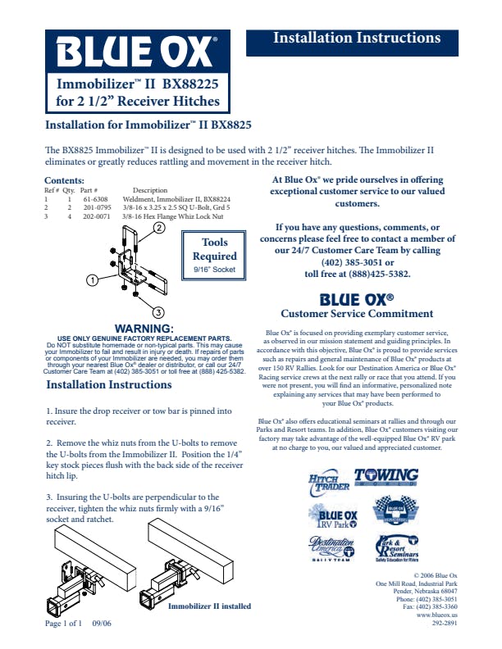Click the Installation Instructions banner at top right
pos(356,39)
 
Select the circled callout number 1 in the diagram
pos(92,279)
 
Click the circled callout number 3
pos(158,311)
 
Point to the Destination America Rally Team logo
pos(333,549)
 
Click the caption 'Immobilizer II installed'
pos(209,606)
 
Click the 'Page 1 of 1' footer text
pos(64,623)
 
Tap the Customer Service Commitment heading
pos(356,313)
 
